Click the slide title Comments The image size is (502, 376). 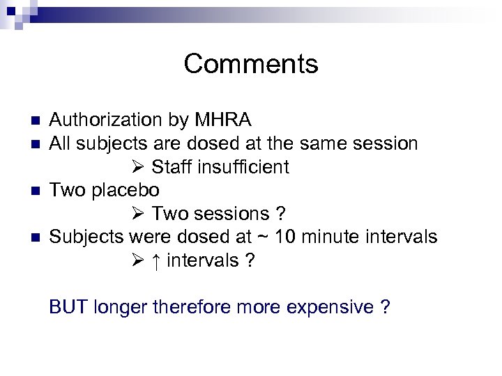point(251,64)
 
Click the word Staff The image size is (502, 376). point(172,167)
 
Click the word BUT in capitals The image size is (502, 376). point(68,307)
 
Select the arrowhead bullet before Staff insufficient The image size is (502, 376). point(137,167)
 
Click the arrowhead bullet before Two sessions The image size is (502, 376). point(137,214)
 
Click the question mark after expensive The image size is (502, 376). point(385,307)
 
